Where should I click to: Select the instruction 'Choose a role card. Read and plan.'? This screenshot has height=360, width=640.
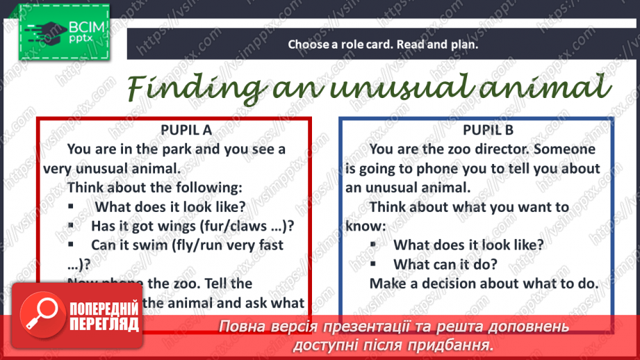(384, 44)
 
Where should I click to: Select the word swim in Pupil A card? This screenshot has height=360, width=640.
(163, 245)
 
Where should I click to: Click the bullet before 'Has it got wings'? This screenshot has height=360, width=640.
(72, 225)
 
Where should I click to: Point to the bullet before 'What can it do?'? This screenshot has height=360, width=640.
(374, 264)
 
